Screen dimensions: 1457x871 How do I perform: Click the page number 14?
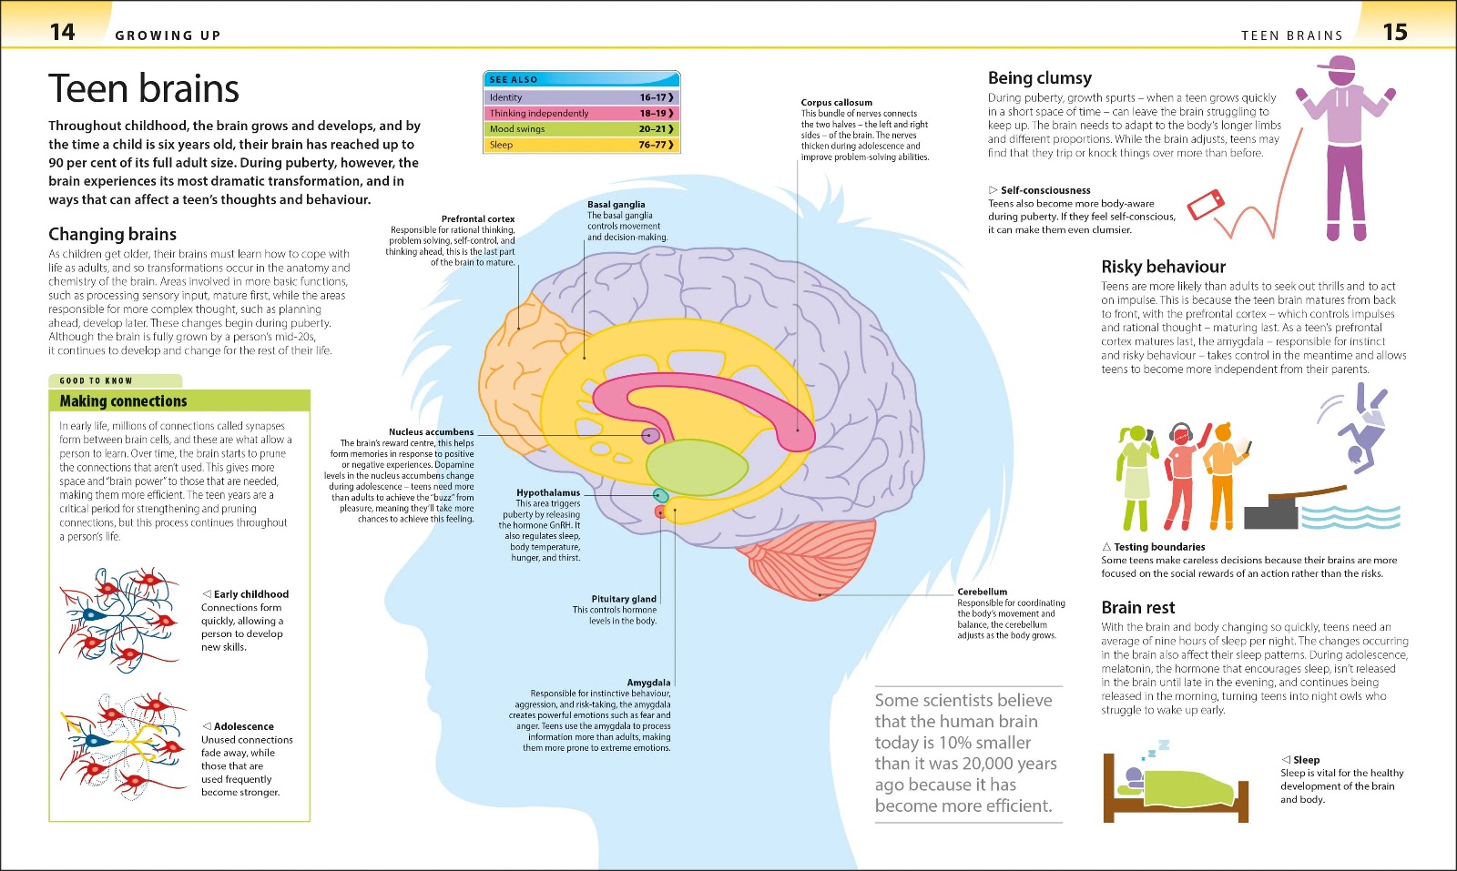[x=63, y=32]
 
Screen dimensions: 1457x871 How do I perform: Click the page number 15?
[x=1395, y=32]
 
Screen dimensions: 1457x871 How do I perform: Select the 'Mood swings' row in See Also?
[x=582, y=128]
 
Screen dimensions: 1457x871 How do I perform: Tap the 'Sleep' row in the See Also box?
[x=582, y=145]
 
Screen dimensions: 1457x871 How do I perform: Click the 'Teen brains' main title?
[x=144, y=88]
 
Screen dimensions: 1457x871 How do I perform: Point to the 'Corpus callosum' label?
[x=837, y=102]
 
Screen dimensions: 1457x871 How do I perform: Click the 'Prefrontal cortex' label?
[x=478, y=219]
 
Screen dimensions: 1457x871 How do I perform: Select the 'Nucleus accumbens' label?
[x=432, y=431]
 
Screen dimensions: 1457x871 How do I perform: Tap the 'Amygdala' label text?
[x=648, y=683]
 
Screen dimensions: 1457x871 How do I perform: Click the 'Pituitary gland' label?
[x=624, y=599]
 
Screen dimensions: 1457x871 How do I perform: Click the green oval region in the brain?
[x=698, y=467]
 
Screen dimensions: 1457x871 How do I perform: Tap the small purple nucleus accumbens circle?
[x=650, y=435]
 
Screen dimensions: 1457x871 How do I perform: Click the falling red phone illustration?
[x=1206, y=205]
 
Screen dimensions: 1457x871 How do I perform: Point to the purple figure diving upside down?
[x=1362, y=429]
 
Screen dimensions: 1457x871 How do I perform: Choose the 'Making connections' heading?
[x=124, y=401]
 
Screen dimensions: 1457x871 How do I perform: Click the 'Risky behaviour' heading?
[x=1163, y=267]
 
